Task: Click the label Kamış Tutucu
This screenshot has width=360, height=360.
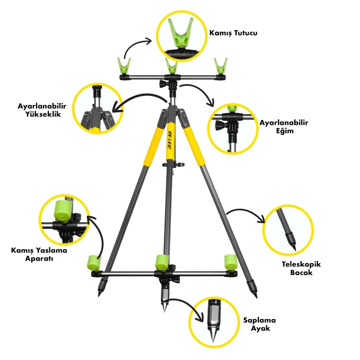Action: click(233, 34)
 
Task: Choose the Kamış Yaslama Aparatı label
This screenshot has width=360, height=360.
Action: click(39, 254)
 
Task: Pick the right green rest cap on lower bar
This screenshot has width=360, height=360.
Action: click(231, 262)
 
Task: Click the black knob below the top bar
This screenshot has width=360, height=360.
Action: click(163, 85)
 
